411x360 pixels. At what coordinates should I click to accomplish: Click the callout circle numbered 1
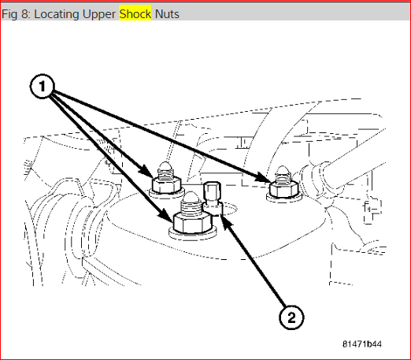[x=43, y=86]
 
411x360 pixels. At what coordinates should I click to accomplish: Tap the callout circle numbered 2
[x=291, y=317]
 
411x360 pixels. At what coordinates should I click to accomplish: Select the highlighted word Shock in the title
[x=135, y=14]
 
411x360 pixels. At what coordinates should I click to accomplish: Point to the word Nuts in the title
[x=167, y=14]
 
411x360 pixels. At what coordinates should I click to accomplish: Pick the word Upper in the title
[x=99, y=14]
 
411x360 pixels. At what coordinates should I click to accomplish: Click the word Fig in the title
[x=9, y=14]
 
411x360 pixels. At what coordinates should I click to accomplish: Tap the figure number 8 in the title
[x=25, y=14]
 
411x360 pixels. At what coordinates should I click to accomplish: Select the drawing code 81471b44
[x=362, y=343]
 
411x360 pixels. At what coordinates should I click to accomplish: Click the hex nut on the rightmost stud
[x=283, y=189]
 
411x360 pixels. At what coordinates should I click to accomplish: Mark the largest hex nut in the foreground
[x=192, y=222]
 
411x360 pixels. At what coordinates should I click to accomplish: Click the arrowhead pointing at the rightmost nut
[x=264, y=177]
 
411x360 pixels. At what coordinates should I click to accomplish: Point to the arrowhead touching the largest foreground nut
[x=166, y=216]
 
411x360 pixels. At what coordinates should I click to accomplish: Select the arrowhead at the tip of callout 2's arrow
[x=226, y=221]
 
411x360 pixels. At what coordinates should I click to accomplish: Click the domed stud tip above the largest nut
[x=191, y=197]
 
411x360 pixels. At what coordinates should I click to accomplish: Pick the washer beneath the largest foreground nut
[x=192, y=233]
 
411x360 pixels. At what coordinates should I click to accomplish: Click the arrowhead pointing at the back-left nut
[x=146, y=172]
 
